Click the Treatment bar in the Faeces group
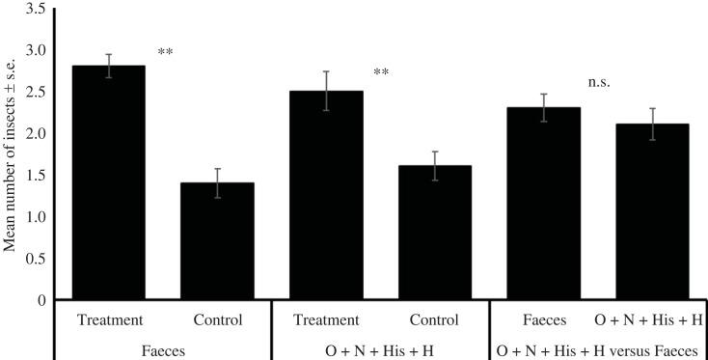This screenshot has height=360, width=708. [x=109, y=183]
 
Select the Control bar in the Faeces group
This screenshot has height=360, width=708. [x=217, y=241]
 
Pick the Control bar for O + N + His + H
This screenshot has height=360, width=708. [x=436, y=233]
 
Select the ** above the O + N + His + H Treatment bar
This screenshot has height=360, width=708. [x=381, y=71]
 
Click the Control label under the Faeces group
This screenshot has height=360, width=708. [x=217, y=319]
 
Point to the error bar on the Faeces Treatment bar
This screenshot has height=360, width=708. [x=109, y=66]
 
